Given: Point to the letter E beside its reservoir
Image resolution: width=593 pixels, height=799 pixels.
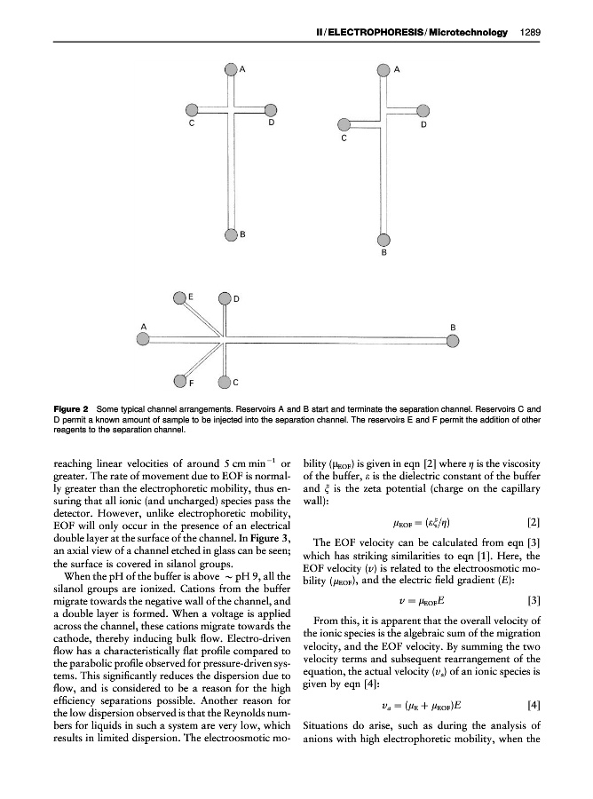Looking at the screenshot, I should [191, 294].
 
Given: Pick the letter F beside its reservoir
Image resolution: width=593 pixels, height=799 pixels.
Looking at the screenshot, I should [191, 383].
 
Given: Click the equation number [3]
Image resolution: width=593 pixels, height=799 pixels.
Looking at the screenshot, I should [533, 599].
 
